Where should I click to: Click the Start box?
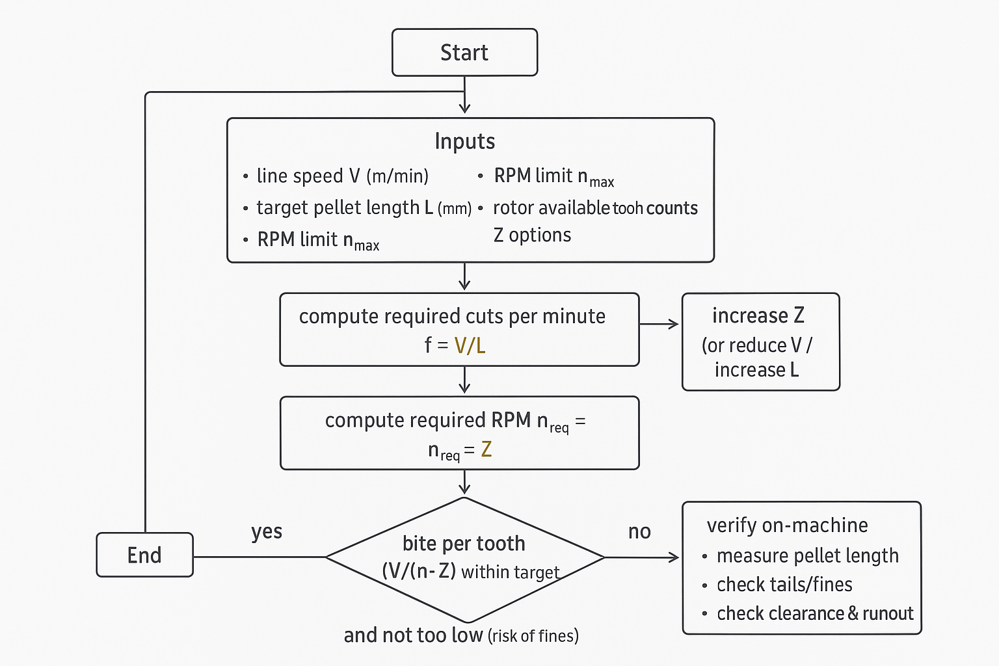pos(464,52)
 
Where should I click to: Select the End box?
pos(144,555)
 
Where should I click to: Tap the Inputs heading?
pos(464,141)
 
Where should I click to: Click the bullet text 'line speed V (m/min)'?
pos(342,176)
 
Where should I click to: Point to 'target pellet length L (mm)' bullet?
pos(364,208)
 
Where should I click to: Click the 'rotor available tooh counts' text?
pos(595,208)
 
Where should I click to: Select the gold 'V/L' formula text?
pos(470,345)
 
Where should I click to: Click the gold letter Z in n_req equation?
pos(486,449)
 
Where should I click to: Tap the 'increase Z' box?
pos(760,341)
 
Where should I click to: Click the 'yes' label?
pos(267,531)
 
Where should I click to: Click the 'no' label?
pos(639,532)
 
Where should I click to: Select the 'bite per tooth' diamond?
pos(464,557)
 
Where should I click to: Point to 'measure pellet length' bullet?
pos(807,556)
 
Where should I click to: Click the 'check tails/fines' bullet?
pos(784,585)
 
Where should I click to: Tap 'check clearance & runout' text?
pos(815,613)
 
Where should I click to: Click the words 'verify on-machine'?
pos(787,526)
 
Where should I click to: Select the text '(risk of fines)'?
pos(533,635)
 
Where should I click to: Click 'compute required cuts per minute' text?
pos(452,317)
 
